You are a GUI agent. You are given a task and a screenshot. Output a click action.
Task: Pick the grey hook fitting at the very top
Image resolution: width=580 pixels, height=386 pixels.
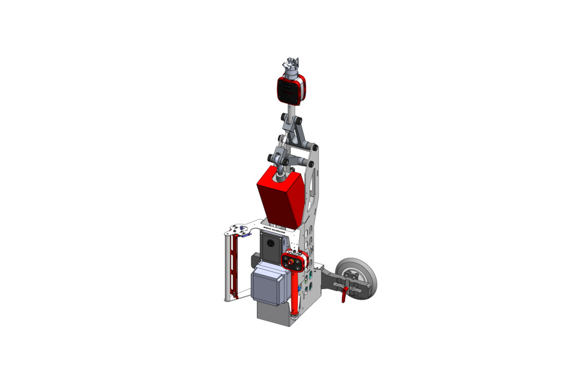point(292,64)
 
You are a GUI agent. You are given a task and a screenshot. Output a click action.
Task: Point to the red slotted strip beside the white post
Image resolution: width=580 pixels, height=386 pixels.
point(233,267)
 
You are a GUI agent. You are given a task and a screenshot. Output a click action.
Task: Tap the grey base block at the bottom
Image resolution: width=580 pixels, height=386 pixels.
point(273,312)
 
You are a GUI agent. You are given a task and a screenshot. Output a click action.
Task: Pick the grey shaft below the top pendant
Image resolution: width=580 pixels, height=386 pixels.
point(292,109)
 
